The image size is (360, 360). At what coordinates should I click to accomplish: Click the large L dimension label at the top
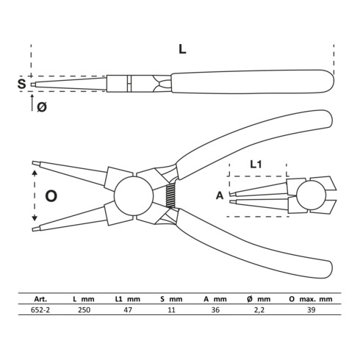tap(182, 50)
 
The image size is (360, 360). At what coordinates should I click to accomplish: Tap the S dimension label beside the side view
tap(21, 84)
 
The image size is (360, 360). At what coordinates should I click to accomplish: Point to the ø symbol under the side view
tap(42, 107)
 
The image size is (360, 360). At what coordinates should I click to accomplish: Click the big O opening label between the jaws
tap(51, 196)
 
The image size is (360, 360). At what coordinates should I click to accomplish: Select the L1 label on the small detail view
tap(256, 165)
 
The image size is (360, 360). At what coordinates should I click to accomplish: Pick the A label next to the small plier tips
tap(220, 195)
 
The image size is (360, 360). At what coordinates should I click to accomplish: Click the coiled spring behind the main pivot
tap(170, 195)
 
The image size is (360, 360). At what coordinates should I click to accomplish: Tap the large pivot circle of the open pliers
tap(134, 195)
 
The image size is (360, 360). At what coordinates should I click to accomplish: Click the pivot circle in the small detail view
tap(311, 195)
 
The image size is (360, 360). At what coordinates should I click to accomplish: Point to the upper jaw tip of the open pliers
tap(32, 163)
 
